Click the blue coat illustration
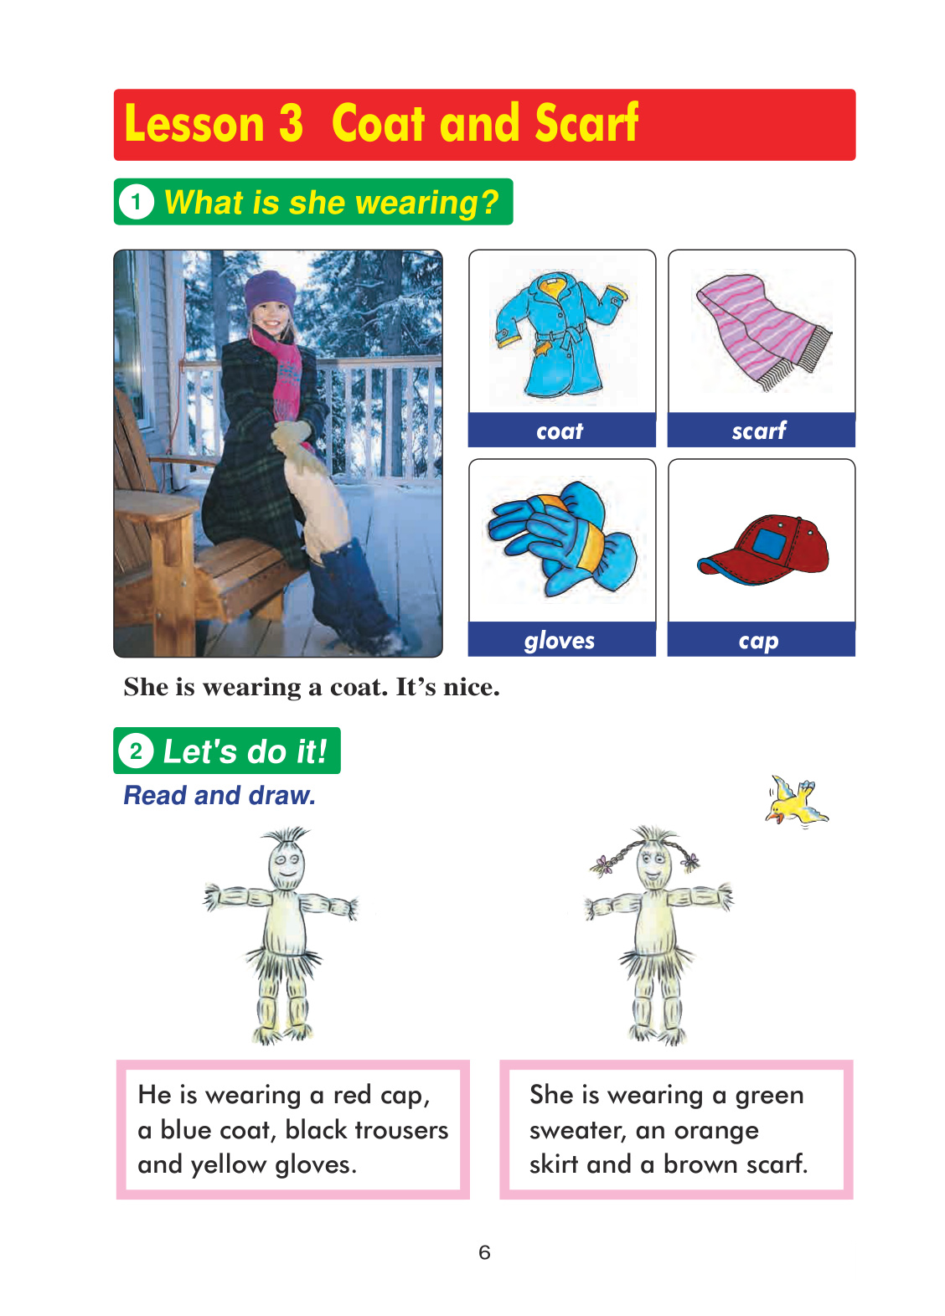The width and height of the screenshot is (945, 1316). (x=561, y=335)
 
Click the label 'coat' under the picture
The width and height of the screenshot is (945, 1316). (x=560, y=431)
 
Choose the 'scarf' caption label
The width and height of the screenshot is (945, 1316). (x=759, y=430)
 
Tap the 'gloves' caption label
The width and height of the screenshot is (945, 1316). (x=560, y=640)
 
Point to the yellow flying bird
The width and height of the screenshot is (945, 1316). (x=796, y=800)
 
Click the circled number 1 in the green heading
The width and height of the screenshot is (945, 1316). (x=137, y=202)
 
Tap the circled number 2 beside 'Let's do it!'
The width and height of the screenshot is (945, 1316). (x=136, y=751)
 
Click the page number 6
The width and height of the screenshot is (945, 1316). (x=484, y=1252)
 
